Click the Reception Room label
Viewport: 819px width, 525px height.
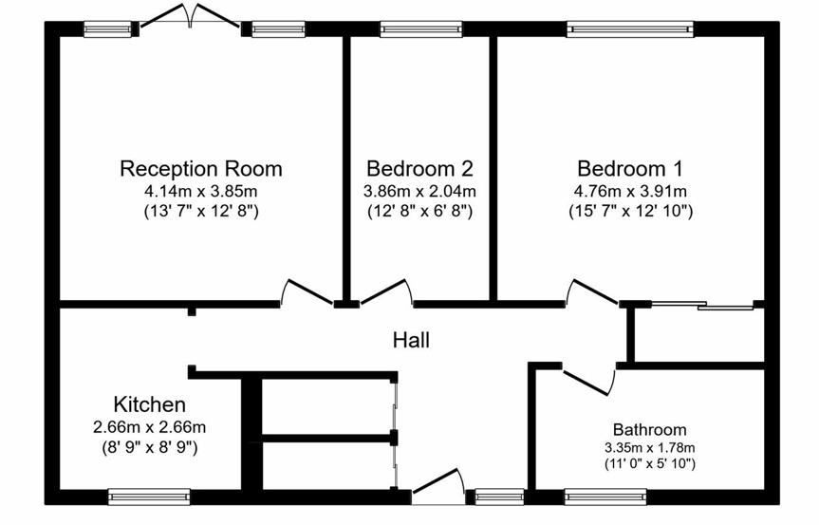[200, 169]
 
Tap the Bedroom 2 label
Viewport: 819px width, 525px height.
[419, 169]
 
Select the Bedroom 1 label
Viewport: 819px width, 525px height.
[629, 169]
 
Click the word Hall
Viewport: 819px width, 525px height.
[412, 339]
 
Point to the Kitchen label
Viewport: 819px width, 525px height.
[149, 404]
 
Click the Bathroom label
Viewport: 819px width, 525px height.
[649, 430]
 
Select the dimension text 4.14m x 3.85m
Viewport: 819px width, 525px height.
[200, 192]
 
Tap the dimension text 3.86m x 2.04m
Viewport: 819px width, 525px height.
[419, 192]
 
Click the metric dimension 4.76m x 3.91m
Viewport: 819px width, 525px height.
[629, 192]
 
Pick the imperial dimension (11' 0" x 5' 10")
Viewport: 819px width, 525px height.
[649, 464]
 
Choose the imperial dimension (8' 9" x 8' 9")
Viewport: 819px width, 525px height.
[149, 445]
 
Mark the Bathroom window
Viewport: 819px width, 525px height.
[605, 496]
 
